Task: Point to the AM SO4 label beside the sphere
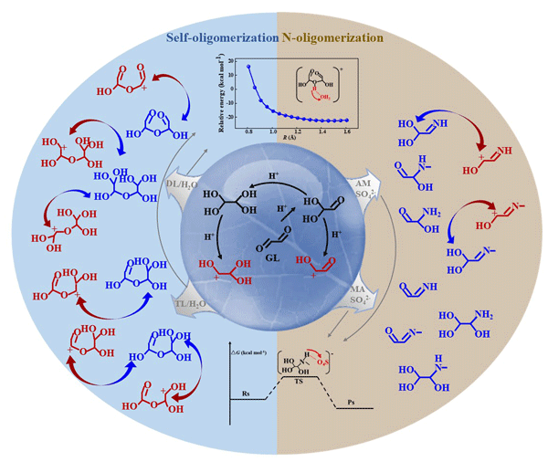363,160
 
